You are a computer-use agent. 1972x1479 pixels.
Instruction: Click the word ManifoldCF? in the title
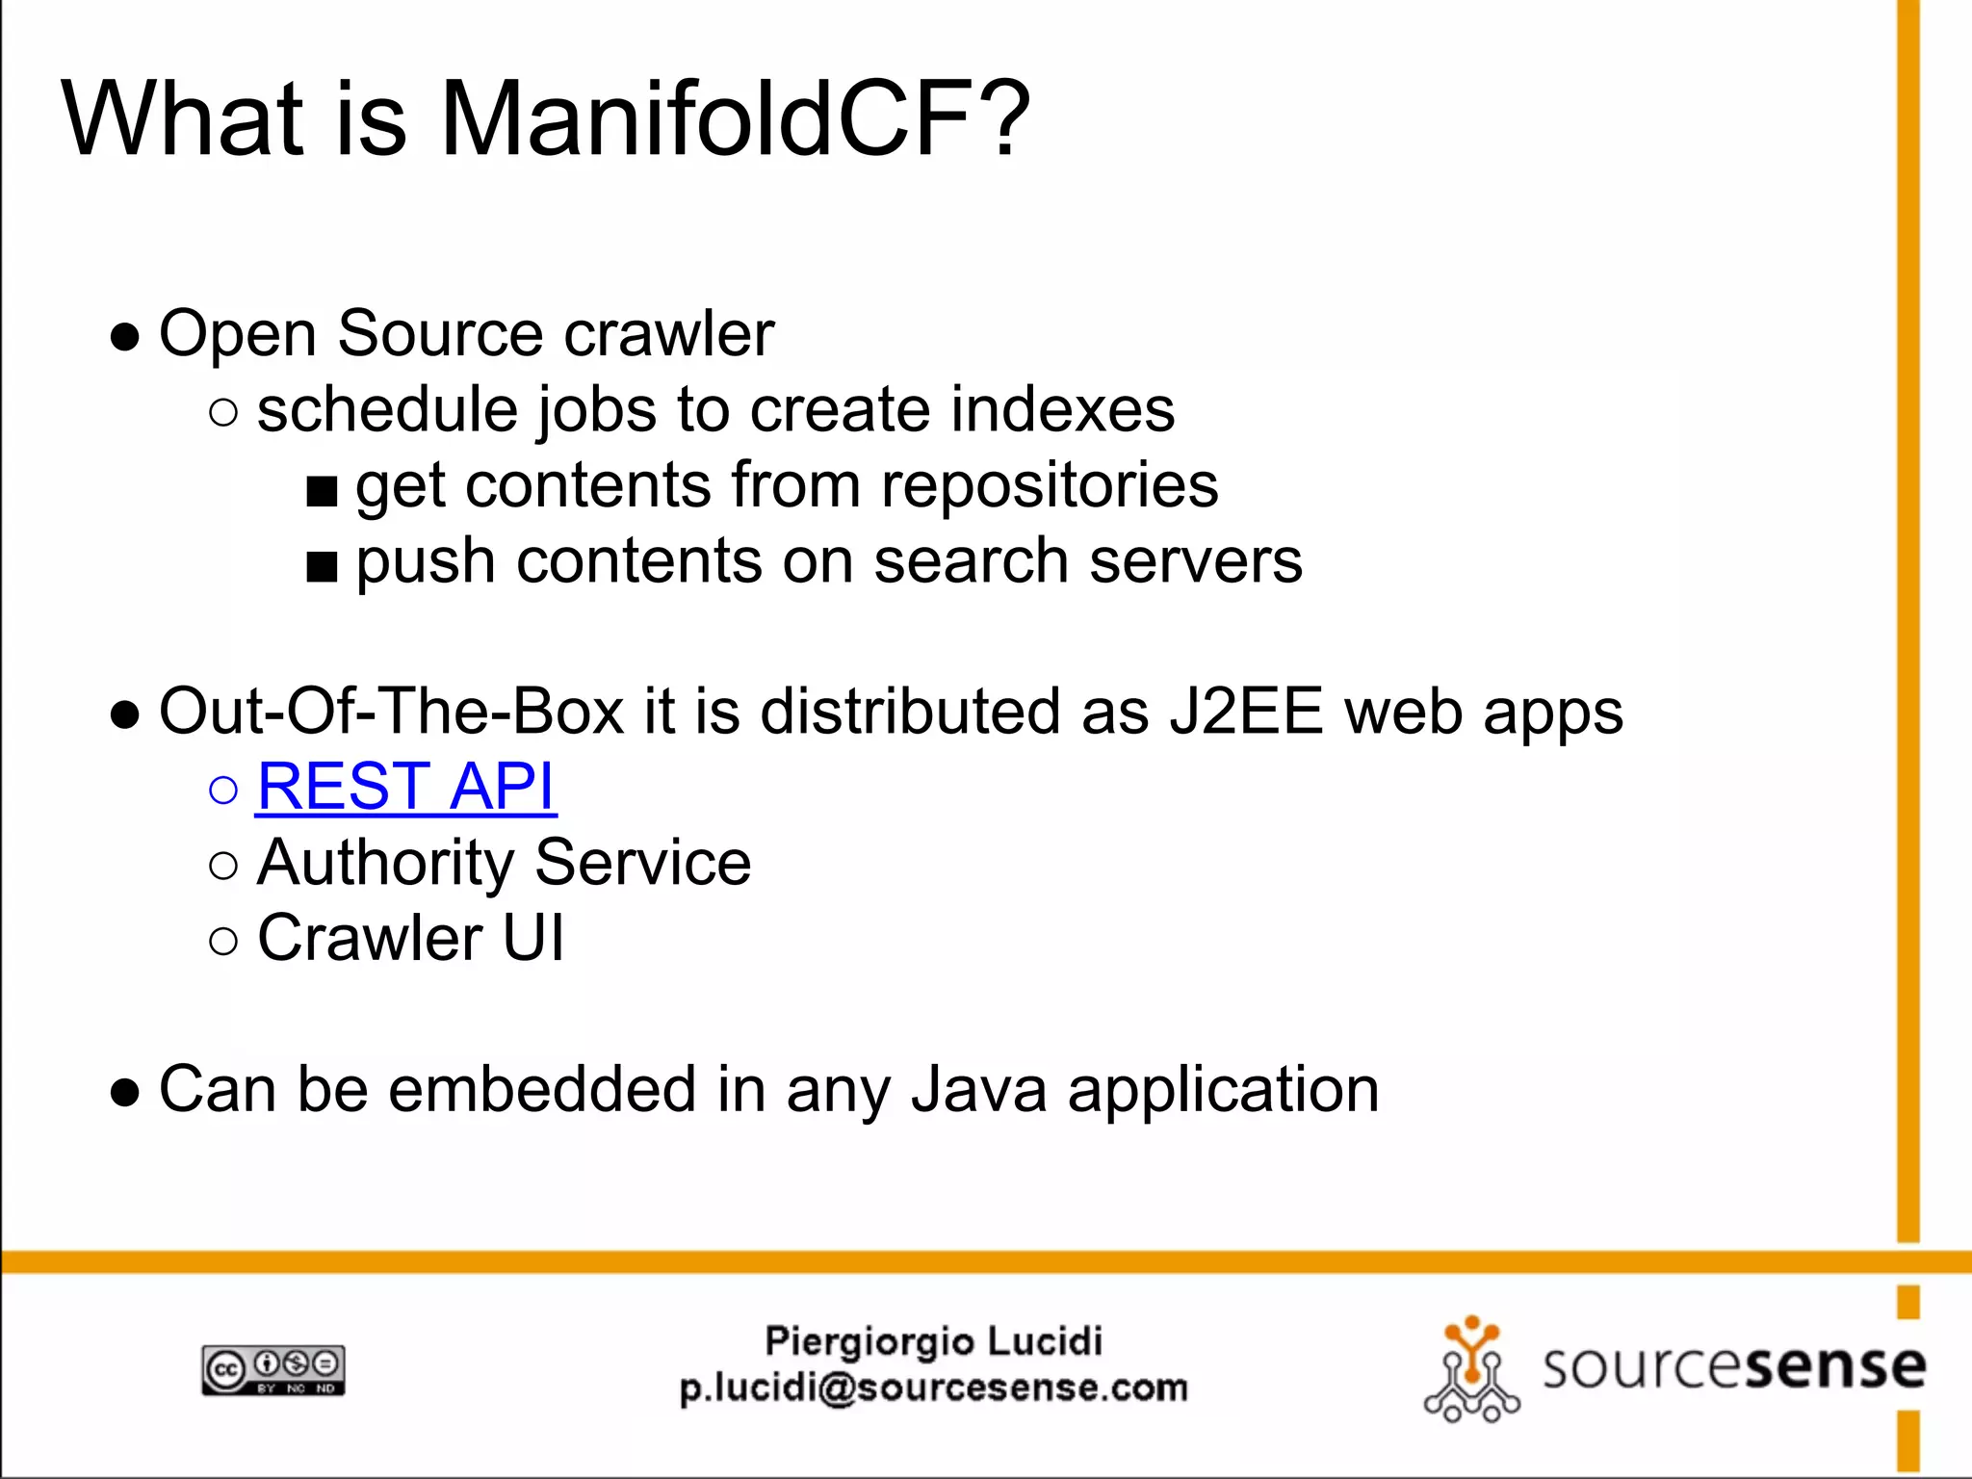click(x=735, y=118)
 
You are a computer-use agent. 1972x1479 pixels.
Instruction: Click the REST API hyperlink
click(x=405, y=787)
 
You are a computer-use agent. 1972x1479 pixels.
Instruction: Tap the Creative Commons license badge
click(x=273, y=1370)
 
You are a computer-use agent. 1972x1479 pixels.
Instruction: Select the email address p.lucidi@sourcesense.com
click(x=933, y=1388)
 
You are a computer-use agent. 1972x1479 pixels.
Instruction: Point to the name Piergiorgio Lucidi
click(x=933, y=1341)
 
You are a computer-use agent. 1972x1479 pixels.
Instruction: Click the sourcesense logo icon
click(x=1470, y=1370)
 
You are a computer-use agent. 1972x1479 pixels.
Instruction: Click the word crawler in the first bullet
click(x=668, y=334)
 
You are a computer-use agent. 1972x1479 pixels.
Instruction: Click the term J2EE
click(x=1246, y=712)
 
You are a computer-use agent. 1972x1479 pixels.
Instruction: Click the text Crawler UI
click(x=410, y=938)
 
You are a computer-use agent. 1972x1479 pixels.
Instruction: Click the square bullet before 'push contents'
click(x=322, y=568)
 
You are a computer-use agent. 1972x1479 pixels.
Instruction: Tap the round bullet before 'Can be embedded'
click(x=125, y=1094)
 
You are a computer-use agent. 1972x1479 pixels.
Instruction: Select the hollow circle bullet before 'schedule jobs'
click(x=222, y=413)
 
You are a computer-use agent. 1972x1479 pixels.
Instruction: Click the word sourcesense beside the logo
click(x=1733, y=1366)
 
